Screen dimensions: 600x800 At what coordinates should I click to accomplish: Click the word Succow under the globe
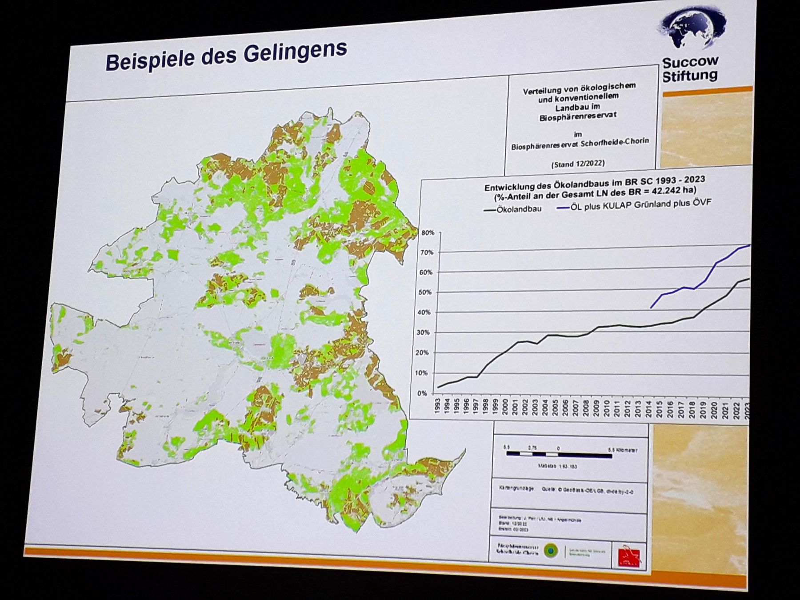[x=690, y=61]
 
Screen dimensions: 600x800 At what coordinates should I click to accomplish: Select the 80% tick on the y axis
[x=428, y=232]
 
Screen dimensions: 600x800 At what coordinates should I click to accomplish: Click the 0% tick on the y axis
[x=422, y=393]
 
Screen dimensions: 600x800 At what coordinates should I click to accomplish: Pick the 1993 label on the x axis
[x=438, y=407]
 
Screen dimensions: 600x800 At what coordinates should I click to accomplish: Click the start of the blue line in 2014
[x=651, y=308]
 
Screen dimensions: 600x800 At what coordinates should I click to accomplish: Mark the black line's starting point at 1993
[x=438, y=388]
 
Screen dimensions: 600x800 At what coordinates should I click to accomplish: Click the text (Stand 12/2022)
[x=578, y=164]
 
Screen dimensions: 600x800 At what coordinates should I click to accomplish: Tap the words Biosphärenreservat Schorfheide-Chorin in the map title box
[x=580, y=144]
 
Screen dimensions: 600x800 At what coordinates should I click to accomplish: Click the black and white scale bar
[x=559, y=455]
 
